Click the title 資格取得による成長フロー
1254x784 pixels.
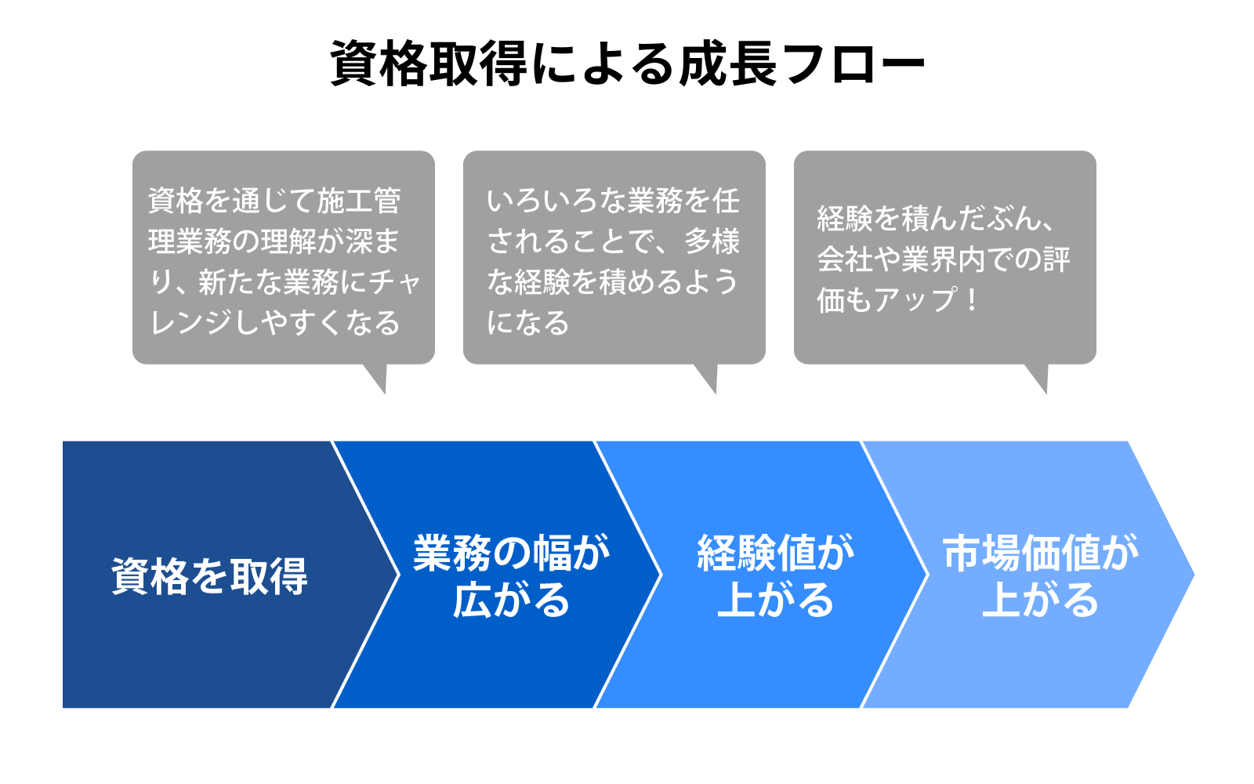tap(627, 63)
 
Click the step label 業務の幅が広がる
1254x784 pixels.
tap(511, 576)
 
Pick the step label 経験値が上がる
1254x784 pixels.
tap(775, 576)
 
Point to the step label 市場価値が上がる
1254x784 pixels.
tap(1040, 576)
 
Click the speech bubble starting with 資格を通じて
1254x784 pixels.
tap(283, 257)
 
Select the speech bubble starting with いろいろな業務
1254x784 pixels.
tap(614, 257)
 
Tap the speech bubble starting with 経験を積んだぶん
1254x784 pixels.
tap(944, 257)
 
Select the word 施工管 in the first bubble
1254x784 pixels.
tap(359, 201)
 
